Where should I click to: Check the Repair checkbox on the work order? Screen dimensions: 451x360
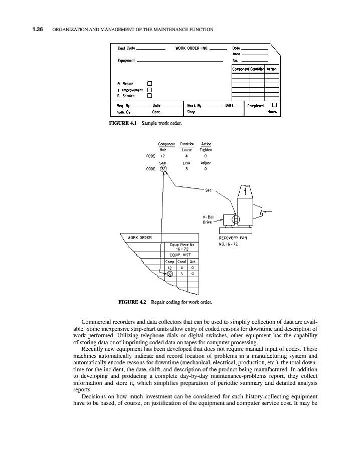[x=149, y=83]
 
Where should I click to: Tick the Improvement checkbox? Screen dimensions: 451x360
[x=149, y=89]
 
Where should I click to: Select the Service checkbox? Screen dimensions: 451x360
[x=149, y=95]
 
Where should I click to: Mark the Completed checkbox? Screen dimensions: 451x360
[x=274, y=105]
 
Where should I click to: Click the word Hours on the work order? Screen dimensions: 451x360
[x=272, y=112]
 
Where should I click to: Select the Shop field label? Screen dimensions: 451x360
[x=191, y=112]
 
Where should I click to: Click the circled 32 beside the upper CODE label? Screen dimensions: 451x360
[x=162, y=169]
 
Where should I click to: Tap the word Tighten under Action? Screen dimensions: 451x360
[x=206, y=149]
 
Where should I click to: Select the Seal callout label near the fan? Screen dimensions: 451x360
[x=209, y=190]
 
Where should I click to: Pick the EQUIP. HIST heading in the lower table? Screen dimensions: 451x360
[x=178, y=255]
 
